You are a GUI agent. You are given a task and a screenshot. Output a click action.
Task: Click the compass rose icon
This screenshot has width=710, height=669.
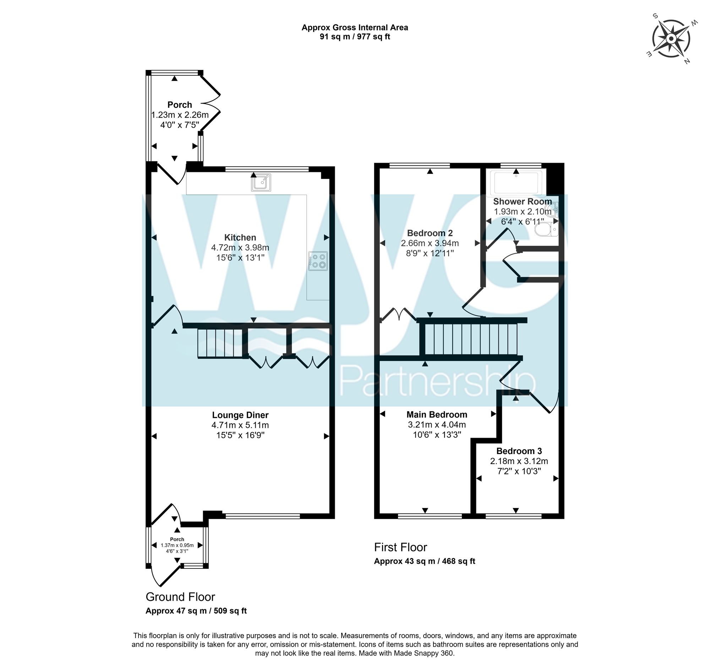(x=671, y=39)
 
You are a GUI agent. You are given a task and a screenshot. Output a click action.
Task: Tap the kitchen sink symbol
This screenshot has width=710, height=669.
(x=261, y=183)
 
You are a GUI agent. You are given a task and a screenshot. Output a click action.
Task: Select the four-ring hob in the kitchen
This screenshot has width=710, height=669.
(x=318, y=261)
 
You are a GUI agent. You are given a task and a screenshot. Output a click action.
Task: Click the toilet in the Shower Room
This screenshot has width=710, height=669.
(x=546, y=230)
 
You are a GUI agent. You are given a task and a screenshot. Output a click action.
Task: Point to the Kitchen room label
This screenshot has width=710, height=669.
(x=240, y=237)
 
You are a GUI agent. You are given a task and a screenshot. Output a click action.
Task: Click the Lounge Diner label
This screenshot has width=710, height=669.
(x=240, y=415)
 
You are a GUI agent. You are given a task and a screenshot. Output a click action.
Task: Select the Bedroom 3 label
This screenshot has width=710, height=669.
(x=519, y=451)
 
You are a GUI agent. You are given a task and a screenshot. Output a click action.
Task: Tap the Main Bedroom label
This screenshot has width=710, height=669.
(x=437, y=415)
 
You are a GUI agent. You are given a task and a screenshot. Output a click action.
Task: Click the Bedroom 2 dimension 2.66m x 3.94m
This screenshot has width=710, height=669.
(x=430, y=243)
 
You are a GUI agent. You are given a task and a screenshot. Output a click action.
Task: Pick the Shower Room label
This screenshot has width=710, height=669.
(x=522, y=201)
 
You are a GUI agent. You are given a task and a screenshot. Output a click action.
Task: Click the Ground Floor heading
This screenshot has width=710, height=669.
(x=180, y=597)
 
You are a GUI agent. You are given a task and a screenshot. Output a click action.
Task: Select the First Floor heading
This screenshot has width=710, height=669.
(x=400, y=547)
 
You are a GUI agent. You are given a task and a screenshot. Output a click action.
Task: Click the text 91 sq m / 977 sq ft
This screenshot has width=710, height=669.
(x=355, y=37)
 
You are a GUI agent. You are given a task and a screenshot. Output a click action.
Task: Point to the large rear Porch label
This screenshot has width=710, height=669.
(x=180, y=105)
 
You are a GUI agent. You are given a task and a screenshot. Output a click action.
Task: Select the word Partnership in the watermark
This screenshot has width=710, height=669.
(x=437, y=382)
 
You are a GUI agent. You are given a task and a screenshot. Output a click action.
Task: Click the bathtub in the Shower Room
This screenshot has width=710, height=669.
(x=516, y=182)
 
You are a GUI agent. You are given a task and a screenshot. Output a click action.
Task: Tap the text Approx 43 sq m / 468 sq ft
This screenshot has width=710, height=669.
(x=424, y=561)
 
